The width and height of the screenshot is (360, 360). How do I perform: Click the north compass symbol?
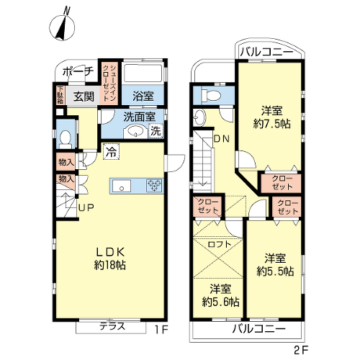coord(62,27)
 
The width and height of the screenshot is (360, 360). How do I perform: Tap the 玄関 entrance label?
coord(84,96)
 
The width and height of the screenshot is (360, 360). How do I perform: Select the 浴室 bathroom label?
coord(143,96)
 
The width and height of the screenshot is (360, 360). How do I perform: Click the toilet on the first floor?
coord(65,140)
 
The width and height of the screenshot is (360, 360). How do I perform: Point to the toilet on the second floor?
coord(211,95)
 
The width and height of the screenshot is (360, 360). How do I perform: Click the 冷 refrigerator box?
coord(111,151)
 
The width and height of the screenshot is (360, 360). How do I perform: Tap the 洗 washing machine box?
coord(156,131)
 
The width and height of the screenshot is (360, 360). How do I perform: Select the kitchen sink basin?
coord(122,186)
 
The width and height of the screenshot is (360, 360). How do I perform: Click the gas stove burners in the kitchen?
coord(154,186)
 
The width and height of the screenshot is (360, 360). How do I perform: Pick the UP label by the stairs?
coord(86,207)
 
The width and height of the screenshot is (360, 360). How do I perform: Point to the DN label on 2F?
coord(222,139)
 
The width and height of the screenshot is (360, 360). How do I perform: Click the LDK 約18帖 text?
coord(110,258)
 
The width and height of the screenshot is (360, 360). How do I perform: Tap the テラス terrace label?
coord(112,326)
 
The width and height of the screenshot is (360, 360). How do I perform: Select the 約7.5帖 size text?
coord(272,124)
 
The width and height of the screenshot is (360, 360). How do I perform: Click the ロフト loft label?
coord(220,244)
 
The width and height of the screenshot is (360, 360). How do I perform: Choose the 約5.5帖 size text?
coord(275,271)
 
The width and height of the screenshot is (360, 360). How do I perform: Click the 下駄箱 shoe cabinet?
coord(60,95)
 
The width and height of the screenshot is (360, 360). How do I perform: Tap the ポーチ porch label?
coord(78,71)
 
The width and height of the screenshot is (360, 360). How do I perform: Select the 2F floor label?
coord(300,350)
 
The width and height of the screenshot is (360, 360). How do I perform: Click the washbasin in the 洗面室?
coord(135,132)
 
